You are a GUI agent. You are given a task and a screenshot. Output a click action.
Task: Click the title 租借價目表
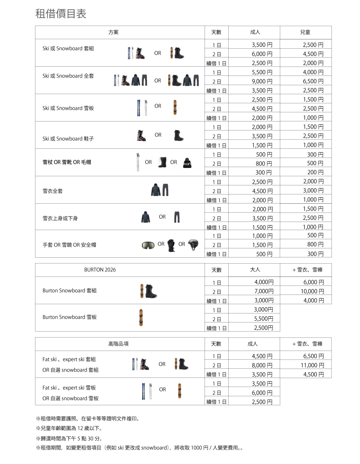[x=61, y=14]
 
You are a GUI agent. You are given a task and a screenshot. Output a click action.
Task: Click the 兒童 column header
[x=305, y=32]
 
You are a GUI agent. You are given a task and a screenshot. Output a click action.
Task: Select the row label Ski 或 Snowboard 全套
[x=68, y=76]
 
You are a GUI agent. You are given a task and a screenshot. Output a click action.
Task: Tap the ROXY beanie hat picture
[x=187, y=163]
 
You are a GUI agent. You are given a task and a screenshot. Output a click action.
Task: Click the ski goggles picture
[x=148, y=245]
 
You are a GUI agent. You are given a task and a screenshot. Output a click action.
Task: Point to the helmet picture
[x=193, y=244]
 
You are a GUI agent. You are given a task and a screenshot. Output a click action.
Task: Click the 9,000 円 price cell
[x=262, y=81]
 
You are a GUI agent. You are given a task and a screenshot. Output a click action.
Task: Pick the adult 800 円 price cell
[x=264, y=163]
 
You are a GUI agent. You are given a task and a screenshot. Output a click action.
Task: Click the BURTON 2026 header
[x=100, y=270]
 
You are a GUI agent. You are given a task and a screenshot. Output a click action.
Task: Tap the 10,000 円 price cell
[x=312, y=291]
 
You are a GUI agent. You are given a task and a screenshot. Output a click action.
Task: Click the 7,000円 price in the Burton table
[x=264, y=291]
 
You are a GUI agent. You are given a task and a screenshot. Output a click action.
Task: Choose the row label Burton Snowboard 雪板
[x=70, y=317]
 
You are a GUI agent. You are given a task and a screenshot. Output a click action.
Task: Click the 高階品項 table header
[x=118, y=344]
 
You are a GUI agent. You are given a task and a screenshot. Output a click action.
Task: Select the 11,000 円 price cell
[x=312, y=365]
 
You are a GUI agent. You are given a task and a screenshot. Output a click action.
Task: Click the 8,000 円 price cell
[x=262, y=365]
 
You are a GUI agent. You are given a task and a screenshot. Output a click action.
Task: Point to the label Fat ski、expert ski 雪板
[x=69, y=388]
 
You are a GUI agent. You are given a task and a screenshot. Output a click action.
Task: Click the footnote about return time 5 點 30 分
[x=69, y=439]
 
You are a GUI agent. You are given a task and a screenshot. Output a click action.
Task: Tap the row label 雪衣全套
[x=52, y=191]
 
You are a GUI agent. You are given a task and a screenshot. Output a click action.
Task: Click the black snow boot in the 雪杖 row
[x=162, y=162]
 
